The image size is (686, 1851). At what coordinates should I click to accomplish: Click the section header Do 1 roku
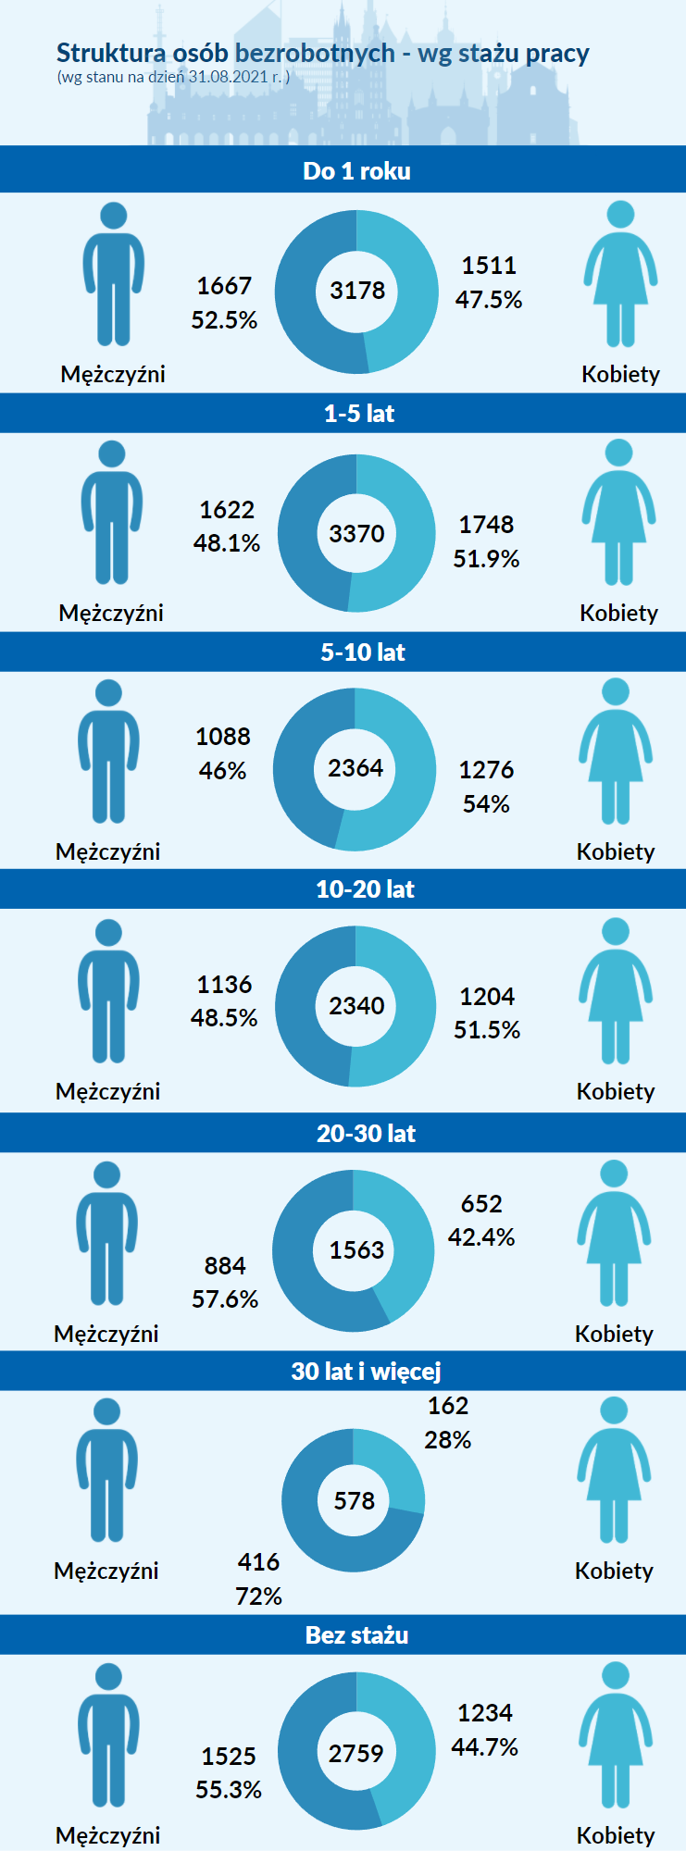(356, 171)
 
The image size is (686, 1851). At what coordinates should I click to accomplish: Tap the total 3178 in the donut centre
(357, 291)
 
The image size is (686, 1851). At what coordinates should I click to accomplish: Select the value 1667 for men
(224, 286)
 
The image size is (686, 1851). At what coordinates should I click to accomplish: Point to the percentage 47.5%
(489, 300)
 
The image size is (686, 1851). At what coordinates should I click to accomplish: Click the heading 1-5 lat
(359, 414)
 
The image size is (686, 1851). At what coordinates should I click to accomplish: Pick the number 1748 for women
(486, 525)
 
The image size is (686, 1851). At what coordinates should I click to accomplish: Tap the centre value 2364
(355, 768)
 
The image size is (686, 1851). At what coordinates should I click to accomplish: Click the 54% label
(486, 803)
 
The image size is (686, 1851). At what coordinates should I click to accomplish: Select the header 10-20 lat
(365, 889)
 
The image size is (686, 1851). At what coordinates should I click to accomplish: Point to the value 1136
(224, 984)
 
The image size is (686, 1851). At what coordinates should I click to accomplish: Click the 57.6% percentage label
(225, 1299)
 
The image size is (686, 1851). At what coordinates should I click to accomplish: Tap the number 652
(481, 1204)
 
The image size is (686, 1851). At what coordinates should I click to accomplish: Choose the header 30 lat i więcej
(366, 1371)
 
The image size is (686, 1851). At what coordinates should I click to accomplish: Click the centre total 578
(355, 1500)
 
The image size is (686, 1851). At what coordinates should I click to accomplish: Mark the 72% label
(259, 1596)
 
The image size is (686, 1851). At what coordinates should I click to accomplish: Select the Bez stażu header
(357, 1635)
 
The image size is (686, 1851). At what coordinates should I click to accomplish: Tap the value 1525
(229, 1757)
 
